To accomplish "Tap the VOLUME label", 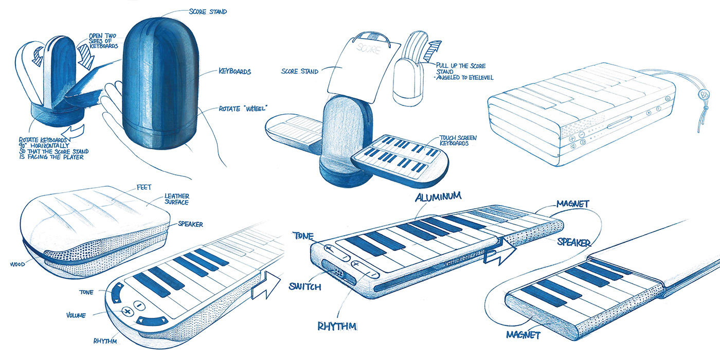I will coord(76,315).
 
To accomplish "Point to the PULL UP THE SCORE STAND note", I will coord(460,73).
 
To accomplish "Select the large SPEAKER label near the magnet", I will coord(573,242).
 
